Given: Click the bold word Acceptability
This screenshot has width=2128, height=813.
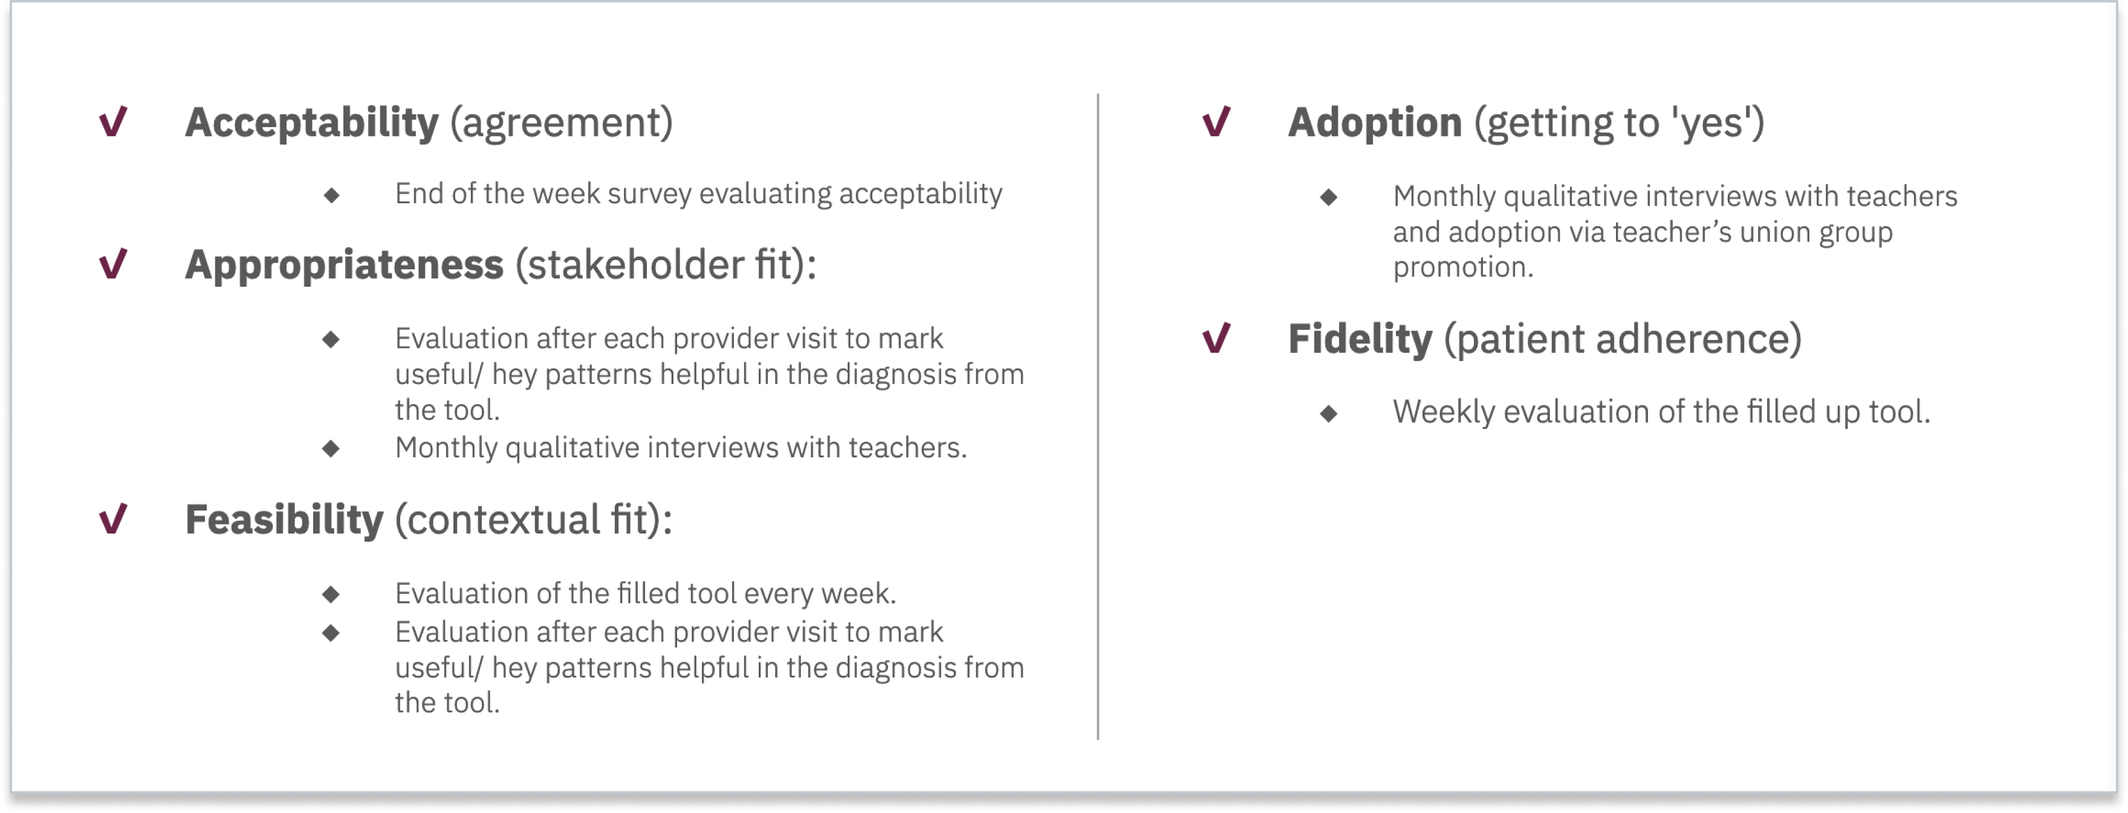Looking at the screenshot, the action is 311,123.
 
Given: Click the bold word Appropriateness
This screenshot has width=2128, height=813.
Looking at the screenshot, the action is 343,265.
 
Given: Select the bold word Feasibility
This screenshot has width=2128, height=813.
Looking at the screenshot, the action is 284,520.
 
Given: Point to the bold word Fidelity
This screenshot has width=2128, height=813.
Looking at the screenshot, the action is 1360,339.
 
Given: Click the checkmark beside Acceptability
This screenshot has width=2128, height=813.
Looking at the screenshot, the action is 113,122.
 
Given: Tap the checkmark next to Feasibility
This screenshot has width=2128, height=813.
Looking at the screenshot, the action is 113,519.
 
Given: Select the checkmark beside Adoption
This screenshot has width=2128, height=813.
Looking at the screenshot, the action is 1216,122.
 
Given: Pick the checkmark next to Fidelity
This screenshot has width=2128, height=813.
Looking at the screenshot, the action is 1216,338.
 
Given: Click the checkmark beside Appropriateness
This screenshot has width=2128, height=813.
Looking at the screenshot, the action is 113,264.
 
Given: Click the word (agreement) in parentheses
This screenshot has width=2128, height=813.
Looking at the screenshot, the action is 562,123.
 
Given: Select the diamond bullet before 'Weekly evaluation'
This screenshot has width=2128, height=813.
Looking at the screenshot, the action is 1328,414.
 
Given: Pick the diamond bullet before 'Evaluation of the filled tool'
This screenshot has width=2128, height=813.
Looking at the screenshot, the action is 331,594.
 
